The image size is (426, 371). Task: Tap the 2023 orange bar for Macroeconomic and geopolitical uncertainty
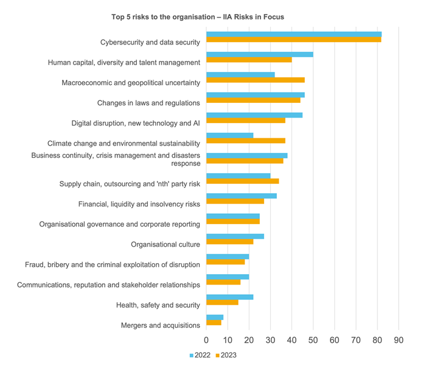tap(255, 80)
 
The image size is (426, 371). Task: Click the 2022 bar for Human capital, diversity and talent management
tap(259, 54)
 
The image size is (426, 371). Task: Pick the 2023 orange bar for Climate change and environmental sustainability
tap(245, 141)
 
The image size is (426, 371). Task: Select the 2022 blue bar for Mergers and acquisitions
tap(215, 317)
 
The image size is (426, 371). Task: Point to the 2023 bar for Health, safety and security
tap(222, 302)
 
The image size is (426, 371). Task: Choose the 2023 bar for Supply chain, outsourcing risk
tap(242, 181)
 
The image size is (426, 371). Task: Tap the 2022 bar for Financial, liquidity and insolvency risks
tap(241, 196)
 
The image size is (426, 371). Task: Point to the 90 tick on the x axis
tap(399, 339)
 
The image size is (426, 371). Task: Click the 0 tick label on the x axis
tap(206, 339)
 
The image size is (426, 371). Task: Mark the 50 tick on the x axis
tap(313, 339)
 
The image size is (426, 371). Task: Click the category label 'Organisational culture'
tap(166, 244)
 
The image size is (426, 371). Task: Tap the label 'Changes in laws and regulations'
tap(148, 103)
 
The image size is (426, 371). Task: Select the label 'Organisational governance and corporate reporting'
tap(119, 224)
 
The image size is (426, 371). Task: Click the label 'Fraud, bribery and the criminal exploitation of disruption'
tap(112, 264)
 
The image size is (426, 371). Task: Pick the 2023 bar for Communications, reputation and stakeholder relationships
tap(223, 282)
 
